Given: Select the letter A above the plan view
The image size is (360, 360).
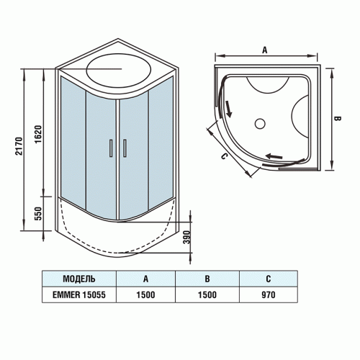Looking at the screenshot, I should pyautogui.click(x=265, y=50).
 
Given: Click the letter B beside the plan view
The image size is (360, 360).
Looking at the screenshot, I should pyautogui.click(x=336, y=118).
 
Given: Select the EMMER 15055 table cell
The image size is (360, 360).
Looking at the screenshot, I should pyautogui.click(x=79, y=294).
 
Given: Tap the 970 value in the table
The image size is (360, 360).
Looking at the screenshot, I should pyautogui.click(x=269, y=294).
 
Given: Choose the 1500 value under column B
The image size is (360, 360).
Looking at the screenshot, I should pyautogui.click(x=207, y=294).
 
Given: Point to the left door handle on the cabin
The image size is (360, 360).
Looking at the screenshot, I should pyautogui.click(x=111, y=147).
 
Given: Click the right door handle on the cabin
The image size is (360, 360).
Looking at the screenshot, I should pyautogui.click(x=124, y=147).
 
